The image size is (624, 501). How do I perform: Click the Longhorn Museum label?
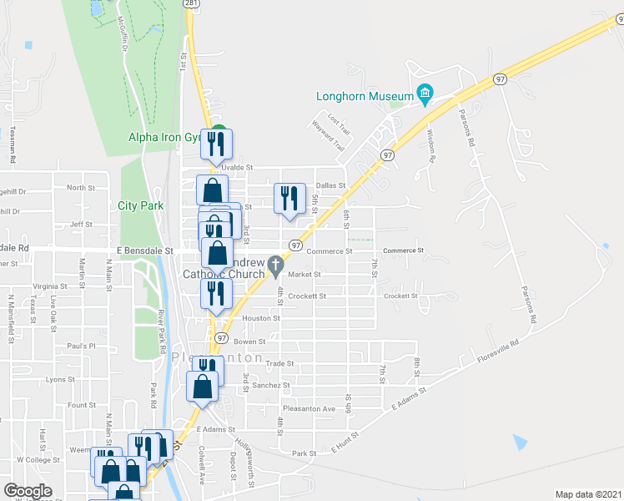coord(365,96)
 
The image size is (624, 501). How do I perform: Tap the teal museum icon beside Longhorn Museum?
coord(425,93)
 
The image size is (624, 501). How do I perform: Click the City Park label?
coord(138,205)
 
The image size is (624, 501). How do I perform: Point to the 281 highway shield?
coord(191,4)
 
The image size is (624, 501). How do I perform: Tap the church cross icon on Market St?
coord(275,269)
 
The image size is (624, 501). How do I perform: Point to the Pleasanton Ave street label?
coord(309,409)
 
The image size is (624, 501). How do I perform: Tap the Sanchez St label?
coord(272,386)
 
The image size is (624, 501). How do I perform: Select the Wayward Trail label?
coord(328,137)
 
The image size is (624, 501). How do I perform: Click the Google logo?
coord(28,491)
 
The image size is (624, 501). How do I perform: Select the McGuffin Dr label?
coord(123,33)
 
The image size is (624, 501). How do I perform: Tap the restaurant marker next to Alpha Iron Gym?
coord(218,145)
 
